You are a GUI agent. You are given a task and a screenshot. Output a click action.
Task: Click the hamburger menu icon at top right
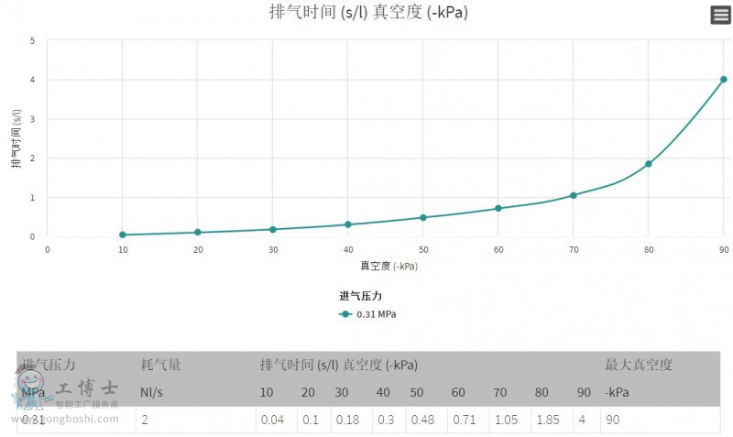tap(720, 15)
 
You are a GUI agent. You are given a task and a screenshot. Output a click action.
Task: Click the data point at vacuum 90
tap(724, 80)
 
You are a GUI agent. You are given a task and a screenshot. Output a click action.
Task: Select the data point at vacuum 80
tap(649, 164)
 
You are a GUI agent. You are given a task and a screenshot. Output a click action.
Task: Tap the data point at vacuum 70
tap(574, 195)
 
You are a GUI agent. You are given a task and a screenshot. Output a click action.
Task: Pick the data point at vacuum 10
tap(123, 235)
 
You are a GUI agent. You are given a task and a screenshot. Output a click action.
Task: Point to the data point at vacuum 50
tap(423, 217)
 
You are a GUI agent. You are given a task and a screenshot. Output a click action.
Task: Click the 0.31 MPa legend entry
tap(367, 314)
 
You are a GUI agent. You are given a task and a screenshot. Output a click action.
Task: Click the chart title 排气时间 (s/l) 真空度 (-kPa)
tap(362, 12)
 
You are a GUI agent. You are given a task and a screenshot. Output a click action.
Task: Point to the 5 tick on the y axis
tap(33, 41)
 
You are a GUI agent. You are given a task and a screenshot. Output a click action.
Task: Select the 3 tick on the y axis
tap(33, 119)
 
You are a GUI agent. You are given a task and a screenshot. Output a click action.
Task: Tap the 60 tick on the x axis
tap(498, 249)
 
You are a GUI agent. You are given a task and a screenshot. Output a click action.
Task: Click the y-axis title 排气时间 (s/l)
tap(16, 138)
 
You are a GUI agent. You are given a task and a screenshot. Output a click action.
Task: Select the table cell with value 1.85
tap(548, 420)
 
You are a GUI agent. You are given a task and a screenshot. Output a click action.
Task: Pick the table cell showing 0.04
tap(271, 420)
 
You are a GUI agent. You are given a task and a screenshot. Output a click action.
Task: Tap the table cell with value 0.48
tap(422, 420)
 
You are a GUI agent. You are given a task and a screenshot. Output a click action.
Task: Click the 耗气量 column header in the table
tap(160, 365)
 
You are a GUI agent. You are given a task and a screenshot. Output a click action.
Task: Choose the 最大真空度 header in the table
tap(639, 365)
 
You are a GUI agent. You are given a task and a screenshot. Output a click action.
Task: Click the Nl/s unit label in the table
tap(152, 392)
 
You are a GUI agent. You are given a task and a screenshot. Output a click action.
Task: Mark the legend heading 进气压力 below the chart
tap(360, 296)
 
